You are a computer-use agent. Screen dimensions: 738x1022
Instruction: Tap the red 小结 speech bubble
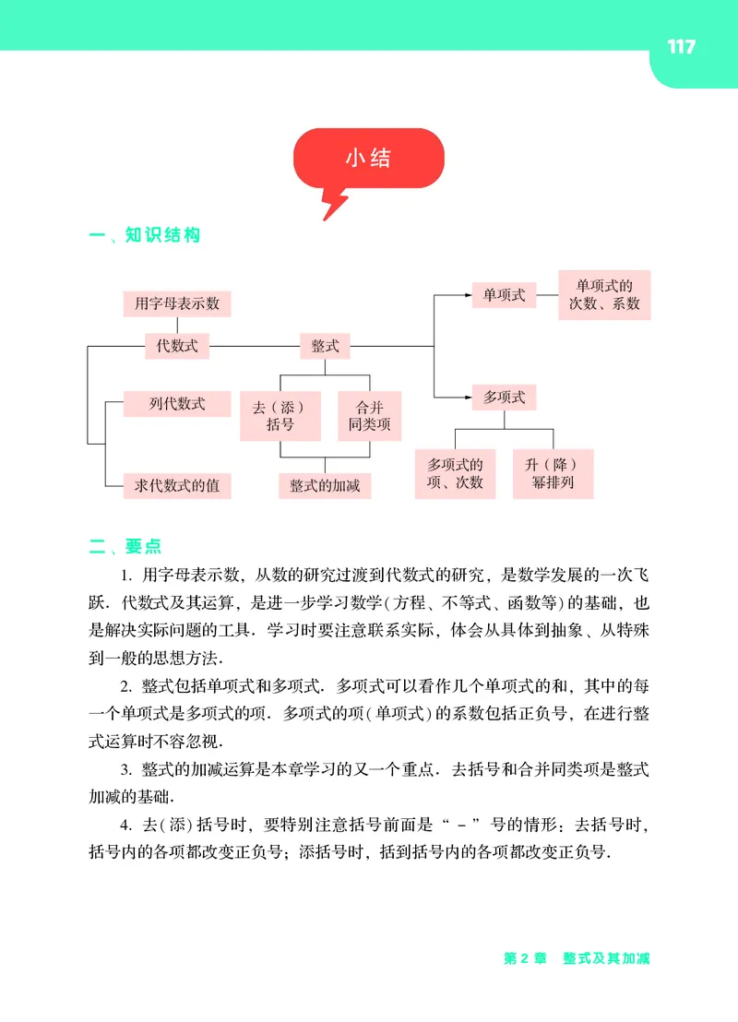(368, 159)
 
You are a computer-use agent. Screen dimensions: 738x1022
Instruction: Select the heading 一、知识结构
(144, 235)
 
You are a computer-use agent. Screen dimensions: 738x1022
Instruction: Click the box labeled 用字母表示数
(177, 303)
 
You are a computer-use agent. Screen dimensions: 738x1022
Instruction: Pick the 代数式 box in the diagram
(177, 347)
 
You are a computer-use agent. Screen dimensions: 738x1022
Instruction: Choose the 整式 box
(325, 347)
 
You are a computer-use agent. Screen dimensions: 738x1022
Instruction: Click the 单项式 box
(504, 295)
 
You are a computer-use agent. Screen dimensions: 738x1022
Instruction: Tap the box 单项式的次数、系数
(604, 294)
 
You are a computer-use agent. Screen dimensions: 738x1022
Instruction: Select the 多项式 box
(504, 398)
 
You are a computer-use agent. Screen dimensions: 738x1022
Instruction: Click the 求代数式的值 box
(176, 485)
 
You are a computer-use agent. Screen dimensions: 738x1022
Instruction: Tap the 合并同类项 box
(370, 415)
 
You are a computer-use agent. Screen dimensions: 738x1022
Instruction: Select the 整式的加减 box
(325, 485)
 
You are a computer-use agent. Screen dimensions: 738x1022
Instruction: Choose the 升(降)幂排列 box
(553, 473)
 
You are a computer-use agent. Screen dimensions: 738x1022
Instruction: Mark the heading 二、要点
(126, 546)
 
